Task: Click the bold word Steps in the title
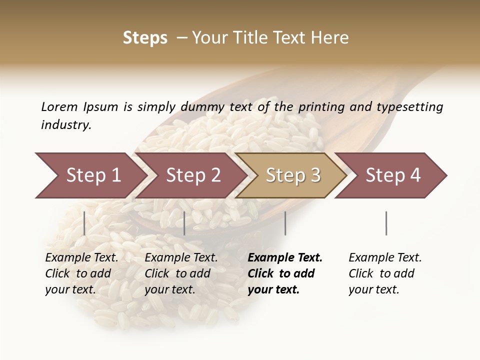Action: coord(145,38)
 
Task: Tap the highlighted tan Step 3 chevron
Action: coord(293,175)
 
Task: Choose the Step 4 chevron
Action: coord(393,175)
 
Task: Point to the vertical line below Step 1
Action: coord(84,223)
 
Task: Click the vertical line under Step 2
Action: coord(184,223)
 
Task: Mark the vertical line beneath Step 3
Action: coord(285,223)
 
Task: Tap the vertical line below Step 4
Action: coord(386,223)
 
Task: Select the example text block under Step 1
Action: coord(81,273)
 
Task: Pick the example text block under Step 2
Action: coord(181,273)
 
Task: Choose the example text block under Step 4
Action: coord(385,273)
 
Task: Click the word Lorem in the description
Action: coord(59,106)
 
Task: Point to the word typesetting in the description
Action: coord(409,106)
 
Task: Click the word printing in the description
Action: coord(326,106)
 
